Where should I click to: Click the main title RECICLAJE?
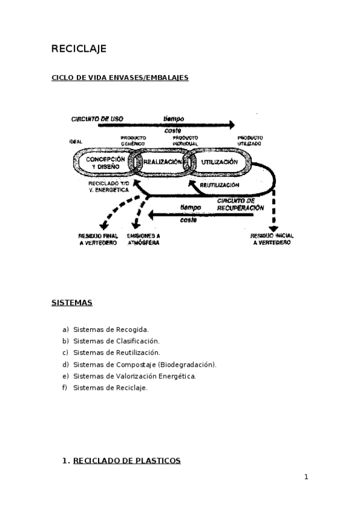79,49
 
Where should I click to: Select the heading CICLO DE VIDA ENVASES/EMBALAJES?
120,78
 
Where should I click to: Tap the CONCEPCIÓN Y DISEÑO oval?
105,162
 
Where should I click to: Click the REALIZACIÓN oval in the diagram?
161,162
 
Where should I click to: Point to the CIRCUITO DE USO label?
97,119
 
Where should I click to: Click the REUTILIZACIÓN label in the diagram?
219,185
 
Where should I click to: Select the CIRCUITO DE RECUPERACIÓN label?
240,204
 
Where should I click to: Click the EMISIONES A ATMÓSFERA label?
144,239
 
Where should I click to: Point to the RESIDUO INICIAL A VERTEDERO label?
270,239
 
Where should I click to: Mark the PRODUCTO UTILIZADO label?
249,141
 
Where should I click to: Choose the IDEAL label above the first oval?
76,141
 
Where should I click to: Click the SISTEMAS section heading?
72,303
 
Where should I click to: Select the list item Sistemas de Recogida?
111,329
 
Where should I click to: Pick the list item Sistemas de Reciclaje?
110,387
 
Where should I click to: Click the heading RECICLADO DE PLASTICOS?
126,461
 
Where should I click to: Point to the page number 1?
306,477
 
